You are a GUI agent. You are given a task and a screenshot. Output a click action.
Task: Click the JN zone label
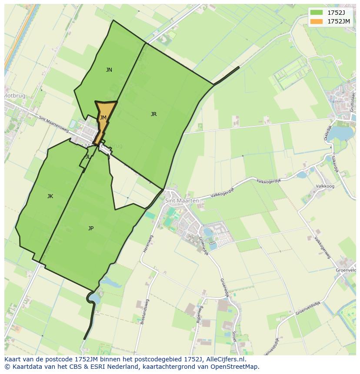[109, 70]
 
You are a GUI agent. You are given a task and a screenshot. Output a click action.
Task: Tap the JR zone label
[153, 114]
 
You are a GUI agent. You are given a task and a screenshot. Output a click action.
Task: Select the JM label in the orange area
[103, 118]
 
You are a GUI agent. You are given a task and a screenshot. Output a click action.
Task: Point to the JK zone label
[50, 196]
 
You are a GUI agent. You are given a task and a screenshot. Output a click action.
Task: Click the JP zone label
[90, 228]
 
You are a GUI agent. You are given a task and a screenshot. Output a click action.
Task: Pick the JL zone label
[88, 157]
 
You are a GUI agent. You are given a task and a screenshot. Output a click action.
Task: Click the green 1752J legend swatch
[316, 12]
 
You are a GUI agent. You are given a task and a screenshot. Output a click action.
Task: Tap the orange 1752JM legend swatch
[316, 21]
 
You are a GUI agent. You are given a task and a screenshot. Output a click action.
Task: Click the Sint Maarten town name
[182, 201]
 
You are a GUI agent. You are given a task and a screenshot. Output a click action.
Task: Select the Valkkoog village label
[325, 186]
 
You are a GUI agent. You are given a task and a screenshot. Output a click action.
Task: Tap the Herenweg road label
[145, 244]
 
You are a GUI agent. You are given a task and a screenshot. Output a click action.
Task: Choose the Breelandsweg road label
[144, 311]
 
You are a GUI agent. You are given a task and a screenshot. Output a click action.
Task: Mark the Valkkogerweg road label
[323, 247]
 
